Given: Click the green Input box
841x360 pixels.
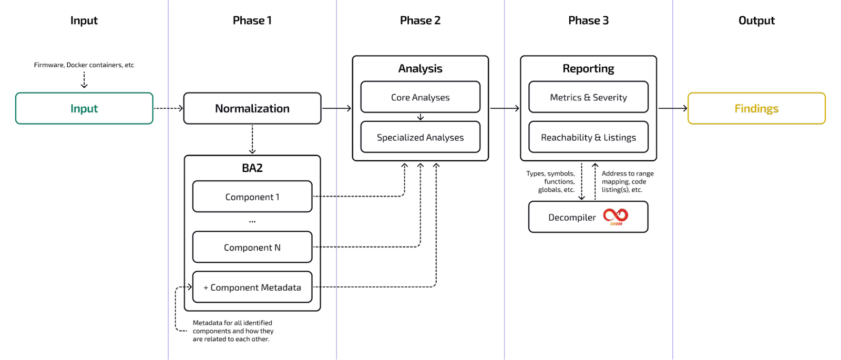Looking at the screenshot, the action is coord(84,108).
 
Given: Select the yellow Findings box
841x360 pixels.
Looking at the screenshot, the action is coord(756,108).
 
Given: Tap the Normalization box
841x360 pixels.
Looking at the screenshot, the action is coord(252,108).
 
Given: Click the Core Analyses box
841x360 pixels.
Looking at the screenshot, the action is coord(420,97).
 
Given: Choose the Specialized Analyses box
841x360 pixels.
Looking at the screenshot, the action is coord(420,137).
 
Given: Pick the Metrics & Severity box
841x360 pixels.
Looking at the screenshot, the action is coord(588,97).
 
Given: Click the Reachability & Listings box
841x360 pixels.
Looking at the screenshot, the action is coord(588,137).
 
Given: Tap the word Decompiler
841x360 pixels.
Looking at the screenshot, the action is coord(572,217).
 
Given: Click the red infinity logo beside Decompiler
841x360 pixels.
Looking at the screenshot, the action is coord(616,216).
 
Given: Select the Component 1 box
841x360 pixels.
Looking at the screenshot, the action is coord(252,197).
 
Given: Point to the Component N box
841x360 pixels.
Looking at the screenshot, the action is coord(252,247).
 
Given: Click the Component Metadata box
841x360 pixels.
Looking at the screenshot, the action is coord(252,287).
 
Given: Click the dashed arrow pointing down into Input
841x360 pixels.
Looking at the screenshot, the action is coord(84,80).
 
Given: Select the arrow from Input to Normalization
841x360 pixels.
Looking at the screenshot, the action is coord(169,108).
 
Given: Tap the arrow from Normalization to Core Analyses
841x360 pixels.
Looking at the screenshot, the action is coord(337,108).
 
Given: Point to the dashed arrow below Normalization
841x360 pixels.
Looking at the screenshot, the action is coord(252,140).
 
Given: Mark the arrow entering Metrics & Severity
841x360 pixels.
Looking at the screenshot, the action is coord(505,108).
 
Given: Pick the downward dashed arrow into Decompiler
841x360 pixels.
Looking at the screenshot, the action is coord(581,181).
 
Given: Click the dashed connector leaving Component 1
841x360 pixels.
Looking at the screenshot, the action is coord(357,196).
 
